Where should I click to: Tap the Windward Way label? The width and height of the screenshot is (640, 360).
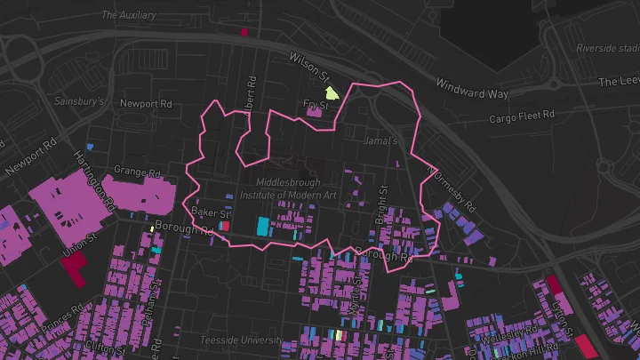tap(471, 88)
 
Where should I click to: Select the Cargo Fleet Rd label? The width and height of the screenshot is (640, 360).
tap(522, 116)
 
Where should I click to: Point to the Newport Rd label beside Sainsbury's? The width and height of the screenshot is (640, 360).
tap(146, 103)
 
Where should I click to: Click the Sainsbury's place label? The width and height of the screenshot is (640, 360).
tap(80, 101)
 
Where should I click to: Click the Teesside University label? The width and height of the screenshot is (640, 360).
tap(242, 340)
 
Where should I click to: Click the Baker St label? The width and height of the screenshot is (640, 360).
tap(212, 213)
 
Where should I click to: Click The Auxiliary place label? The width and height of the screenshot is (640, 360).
tap(129, 15)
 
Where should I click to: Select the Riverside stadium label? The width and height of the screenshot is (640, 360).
tap(607, 48)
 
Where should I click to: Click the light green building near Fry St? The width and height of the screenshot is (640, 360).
tap(332, 92)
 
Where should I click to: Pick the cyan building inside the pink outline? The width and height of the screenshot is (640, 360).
tap(263, 226)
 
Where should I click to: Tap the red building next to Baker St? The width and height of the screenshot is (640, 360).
tap(225, 226)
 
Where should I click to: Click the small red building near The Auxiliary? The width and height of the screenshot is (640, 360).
tap(244, 32)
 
